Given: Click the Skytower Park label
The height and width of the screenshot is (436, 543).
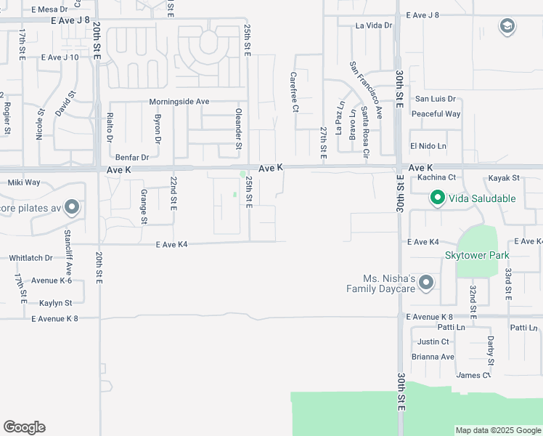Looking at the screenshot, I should [477, 255].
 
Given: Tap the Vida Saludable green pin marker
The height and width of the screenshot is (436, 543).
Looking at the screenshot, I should [438, 198].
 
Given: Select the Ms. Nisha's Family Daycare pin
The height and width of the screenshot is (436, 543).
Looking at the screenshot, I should [426, 282].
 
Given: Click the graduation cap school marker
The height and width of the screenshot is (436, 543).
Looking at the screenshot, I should [507, 28].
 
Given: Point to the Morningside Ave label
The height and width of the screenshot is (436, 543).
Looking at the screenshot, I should [179, 102].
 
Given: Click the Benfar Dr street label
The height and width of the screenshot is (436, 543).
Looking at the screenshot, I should [132, 157].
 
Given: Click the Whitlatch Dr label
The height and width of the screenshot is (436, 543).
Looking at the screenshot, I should [31, 258].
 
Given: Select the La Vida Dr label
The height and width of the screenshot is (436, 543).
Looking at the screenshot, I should [374, 25].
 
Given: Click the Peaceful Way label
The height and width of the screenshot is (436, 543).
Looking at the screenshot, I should [436, 114].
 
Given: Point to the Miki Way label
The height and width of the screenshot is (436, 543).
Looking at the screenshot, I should [24, 182].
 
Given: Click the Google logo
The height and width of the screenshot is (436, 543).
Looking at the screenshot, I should [24, 427].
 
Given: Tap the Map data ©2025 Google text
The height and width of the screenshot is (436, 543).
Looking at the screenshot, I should [497, 430].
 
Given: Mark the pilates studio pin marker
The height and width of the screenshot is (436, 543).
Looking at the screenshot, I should [71, 209].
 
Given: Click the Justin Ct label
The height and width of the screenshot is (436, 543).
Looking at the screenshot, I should [433, 342].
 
